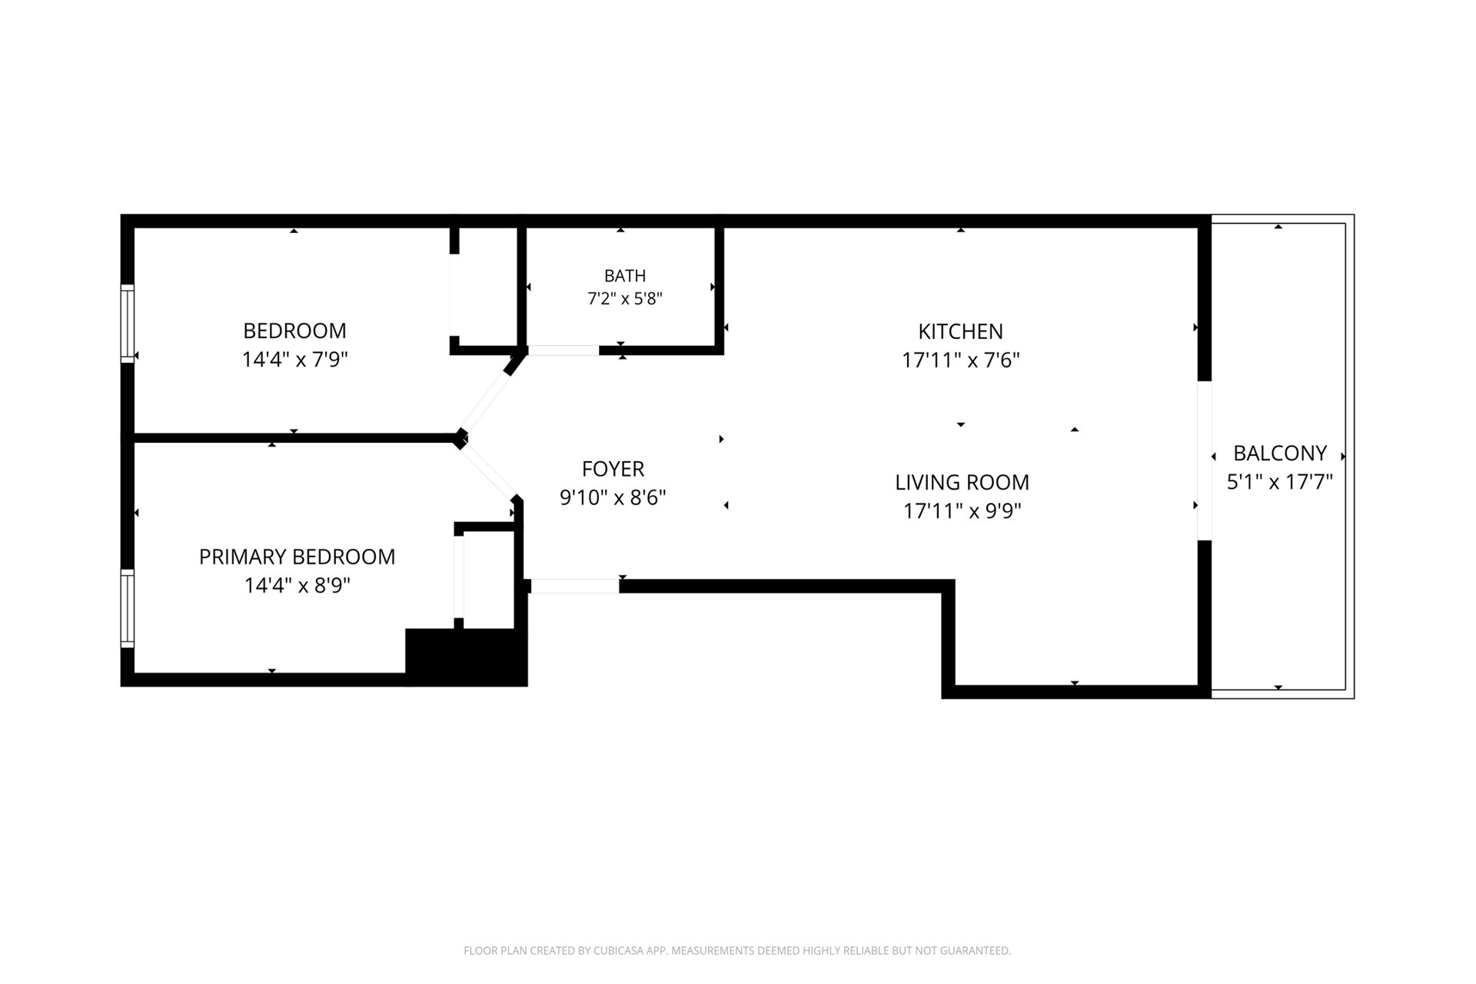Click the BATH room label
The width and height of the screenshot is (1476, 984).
(624, 275)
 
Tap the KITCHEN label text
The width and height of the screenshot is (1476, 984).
(960, 331)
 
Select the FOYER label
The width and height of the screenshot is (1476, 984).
(613, 469)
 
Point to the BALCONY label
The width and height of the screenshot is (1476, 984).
(1280, 453)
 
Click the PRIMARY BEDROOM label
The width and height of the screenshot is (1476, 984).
(297, 557)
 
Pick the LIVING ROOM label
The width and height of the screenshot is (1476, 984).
(962, 482)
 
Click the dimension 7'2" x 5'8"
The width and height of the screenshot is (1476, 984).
(625, 298)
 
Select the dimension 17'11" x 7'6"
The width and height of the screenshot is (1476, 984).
(960, 360)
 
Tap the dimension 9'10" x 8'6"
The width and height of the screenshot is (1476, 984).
(613, 497)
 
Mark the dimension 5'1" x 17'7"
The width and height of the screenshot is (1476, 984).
(1280, 482)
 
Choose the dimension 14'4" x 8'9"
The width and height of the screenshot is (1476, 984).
(297, 586)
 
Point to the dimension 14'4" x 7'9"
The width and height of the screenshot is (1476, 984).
(295, 359)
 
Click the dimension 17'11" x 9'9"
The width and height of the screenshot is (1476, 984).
(962, 511)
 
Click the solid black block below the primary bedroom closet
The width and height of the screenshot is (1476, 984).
(467, 657)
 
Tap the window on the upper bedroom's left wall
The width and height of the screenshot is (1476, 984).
(128, 324)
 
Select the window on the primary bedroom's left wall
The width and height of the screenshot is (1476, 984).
(128, 608)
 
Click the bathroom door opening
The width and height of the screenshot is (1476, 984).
(563, 351)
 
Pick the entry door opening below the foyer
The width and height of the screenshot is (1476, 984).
(575, 586)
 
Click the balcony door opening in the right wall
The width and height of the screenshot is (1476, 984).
(1205, 460)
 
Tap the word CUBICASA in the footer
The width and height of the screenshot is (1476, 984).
(620, 951)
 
